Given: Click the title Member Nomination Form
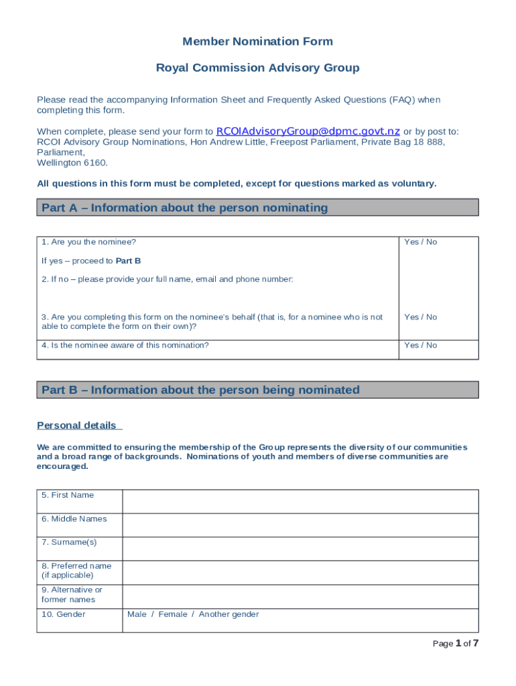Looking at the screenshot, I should point(257,42).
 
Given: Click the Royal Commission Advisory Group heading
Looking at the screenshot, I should point(257,68).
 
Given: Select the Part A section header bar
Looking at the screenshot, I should point(257,208).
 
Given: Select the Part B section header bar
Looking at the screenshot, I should point(257,390).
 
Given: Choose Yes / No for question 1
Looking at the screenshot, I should point(420,242).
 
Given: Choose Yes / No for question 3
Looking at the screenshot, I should point(420,317).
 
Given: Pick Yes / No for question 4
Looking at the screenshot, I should point(420,345).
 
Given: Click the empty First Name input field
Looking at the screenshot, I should point(300,501).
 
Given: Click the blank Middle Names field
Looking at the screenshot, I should point(300,525).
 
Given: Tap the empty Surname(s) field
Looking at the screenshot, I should point(300,548).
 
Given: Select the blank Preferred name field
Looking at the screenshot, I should point(300,572).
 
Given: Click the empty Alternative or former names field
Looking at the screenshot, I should point(300,596).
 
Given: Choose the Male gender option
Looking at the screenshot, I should point(137,614).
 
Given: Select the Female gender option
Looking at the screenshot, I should point(173,614).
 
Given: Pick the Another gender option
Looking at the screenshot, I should point(229,614).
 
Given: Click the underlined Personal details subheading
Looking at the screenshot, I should point(76,425).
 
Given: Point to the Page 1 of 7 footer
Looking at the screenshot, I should point(455,644).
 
